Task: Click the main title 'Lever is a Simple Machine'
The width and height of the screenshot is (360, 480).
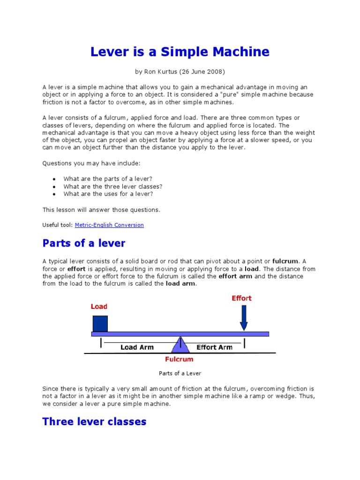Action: click(180, 52)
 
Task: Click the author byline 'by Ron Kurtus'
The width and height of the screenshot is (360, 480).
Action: click(180, 72)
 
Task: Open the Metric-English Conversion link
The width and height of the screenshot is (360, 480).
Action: click(109, 225)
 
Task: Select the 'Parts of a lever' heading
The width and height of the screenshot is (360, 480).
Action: click(84, 243)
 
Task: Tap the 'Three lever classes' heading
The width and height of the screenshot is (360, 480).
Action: click(94, 421)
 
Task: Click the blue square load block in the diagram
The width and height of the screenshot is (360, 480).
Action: click(100, 323)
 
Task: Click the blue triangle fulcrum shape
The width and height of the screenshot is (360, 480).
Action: click(180, 345)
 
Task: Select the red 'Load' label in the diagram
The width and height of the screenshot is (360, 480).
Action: click(99, 307)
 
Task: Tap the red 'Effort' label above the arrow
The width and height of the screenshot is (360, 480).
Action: click(241, 298)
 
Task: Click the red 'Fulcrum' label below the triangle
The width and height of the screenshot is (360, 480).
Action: click(179, 360)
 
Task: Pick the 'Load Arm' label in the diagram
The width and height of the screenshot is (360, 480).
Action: click(136, 347)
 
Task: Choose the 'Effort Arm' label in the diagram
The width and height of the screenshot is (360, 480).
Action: click(214, 347)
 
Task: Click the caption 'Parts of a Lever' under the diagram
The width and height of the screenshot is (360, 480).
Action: click(180, 373)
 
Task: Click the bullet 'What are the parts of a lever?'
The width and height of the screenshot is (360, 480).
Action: click(108, 179)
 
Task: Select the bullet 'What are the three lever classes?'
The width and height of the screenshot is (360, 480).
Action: click(113, 186)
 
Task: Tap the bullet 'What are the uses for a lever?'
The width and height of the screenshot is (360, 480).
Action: click(108, 194)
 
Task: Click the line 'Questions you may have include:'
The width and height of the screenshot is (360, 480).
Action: click(91, 163)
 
